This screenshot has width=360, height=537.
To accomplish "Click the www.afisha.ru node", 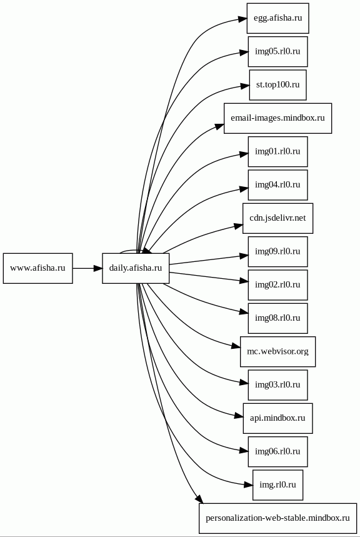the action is (x=37, y=268).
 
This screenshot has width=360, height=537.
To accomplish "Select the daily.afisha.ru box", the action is (x=136, y=268).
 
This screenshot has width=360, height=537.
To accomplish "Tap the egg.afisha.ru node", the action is (x=277, y=18).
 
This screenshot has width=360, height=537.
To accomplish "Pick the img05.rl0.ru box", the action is (x=277, y=51).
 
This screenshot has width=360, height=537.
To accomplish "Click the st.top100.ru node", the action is (x=277, y=85).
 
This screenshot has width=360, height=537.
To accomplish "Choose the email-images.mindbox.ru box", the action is (x=277, y=118).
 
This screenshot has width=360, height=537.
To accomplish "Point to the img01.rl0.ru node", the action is (x=277, y=151).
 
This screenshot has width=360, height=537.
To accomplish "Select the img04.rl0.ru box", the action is (x=277, y=185).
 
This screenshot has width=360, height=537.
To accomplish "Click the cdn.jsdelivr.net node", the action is (x=277, y=218).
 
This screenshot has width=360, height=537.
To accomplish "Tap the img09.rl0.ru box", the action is (x=277, y=251).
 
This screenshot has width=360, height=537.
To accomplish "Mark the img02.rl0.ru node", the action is (x=277, y=285).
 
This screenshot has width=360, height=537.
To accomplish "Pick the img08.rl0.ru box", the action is (x=277, y=318).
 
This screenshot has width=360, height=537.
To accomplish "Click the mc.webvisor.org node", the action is (x=277, y=351).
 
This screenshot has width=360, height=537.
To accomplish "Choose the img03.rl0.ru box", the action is (x=277, y=385).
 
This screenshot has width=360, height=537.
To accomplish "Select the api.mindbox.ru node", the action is (x=277, y=418).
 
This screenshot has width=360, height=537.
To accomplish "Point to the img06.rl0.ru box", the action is (x=277, y=451).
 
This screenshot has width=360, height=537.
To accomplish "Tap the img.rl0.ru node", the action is (x=277, y=485).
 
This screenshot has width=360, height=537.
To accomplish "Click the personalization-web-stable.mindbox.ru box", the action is (x=277, y=518).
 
